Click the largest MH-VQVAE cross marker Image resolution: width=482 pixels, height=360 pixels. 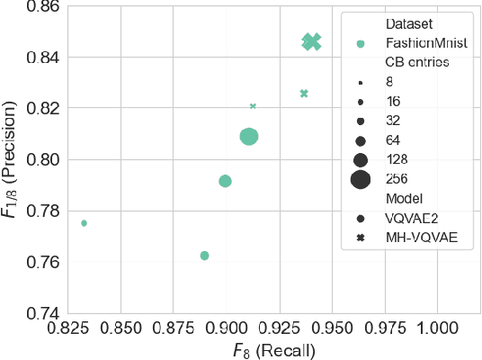[x=311, y=41]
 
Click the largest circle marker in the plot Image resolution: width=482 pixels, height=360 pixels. [x=249, y=137]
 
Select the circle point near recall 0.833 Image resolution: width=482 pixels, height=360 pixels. [x=84, y=223]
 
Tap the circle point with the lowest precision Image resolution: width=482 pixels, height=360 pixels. [x=204, y=256]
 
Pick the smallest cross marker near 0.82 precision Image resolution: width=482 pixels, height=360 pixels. [x=253, y=106]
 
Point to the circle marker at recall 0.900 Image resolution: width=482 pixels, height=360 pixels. [x=225, y=181]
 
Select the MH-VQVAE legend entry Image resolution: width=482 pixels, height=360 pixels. [x=418, y=238]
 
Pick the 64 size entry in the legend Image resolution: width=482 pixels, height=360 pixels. [x=392, y=140]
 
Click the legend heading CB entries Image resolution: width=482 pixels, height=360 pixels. [x=416, y=63]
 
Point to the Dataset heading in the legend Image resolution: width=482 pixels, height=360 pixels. [x=406, y=24]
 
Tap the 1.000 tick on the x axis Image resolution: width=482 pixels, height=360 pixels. [x=437, y=328]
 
